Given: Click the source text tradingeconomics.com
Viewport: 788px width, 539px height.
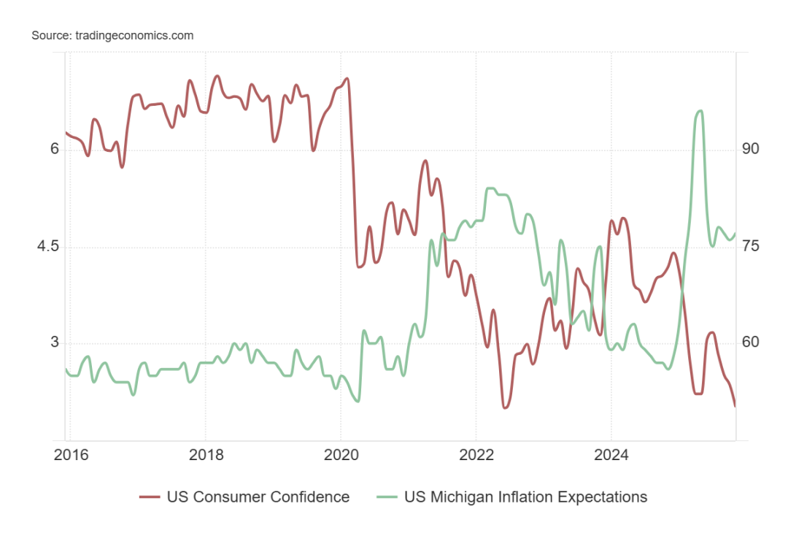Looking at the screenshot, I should [x=112, y=35].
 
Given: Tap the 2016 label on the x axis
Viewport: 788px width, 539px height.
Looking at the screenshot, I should [x=71, y=456].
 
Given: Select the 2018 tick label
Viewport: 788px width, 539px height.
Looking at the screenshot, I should [x=205, y=456].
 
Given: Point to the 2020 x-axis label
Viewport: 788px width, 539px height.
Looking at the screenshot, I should [x=341, y=456].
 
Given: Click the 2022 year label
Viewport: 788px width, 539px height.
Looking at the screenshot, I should [x=476, y=456].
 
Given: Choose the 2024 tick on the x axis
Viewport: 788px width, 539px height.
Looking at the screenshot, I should [x=611, y=456].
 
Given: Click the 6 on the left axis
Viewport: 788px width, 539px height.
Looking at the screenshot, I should [x=54, y=149].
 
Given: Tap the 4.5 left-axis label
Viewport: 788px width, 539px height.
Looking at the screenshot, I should [x=47, y=246].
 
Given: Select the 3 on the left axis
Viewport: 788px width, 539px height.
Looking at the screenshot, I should [x=54, y=343].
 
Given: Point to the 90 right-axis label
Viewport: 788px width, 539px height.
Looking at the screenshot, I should [x=751, y=149].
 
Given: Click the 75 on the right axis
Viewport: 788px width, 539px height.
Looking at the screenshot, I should [x=751, y=246].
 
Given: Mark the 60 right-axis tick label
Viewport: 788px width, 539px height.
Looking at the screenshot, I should [x=751, y=343].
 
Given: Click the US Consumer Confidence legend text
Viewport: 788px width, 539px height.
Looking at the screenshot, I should [x=258, y=497].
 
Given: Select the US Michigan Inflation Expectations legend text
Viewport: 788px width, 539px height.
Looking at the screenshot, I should [x=525, y=497].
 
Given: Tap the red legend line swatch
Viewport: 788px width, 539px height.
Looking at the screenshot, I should [x=150, y=497].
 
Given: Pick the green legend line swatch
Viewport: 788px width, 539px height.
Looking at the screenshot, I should [x=387, y=497].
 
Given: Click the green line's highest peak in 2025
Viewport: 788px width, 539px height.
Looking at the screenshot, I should [x=700, y=111].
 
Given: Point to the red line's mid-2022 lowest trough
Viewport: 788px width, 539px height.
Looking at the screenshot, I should [x=504, y=407].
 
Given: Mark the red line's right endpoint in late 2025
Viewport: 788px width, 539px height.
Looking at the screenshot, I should [x=735, y=406].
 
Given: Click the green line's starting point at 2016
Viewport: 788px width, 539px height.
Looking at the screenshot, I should [x=66, y=370].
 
